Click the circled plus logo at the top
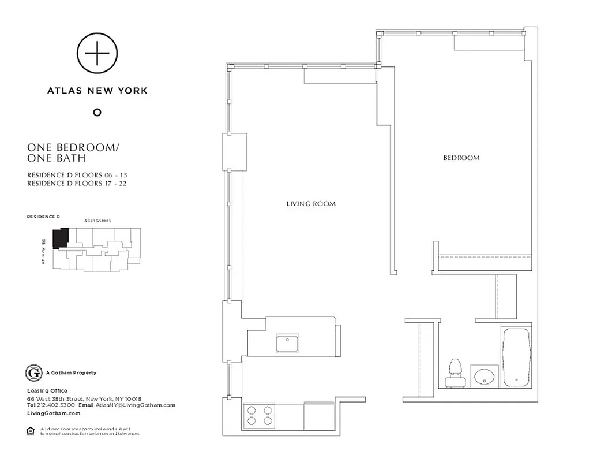pos(97,54)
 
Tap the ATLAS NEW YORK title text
pos(97,91)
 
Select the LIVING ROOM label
pos(311,204)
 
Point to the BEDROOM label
pos(461,158)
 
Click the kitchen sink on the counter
pos(286,343)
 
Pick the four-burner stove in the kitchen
pos(260,416)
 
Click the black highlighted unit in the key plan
pos(60,238)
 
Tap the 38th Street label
pos(97,221)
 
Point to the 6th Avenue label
pos(43,251)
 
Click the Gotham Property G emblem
pos(34,373)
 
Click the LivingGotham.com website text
pos(53,413)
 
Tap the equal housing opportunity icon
pos(31,430)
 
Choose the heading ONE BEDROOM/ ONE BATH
pos(73,152)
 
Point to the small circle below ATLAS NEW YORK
pos(97,112)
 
